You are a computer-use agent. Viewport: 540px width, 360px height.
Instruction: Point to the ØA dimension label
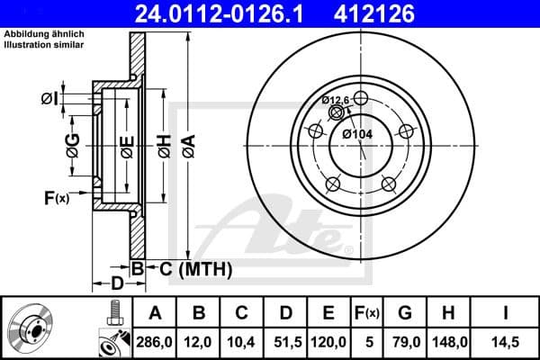pos(187,141)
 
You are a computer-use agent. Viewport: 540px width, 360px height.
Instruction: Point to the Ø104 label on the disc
pos(360,134)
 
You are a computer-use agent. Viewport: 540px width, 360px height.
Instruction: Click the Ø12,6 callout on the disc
pos(337,100)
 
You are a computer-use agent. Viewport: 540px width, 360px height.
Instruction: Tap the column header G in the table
pos(405,312)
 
